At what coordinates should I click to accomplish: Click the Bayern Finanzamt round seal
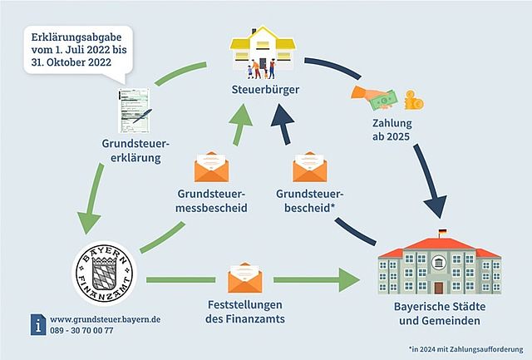coord(104,274)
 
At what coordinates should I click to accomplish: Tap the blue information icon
coord(38,325)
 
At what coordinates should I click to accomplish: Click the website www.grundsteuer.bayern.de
coord(106,319)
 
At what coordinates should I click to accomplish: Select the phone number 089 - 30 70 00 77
coord(81,330)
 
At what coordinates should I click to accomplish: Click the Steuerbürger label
coord(265,90)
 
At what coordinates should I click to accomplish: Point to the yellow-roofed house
coord(263,48)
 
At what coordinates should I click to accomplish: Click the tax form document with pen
coord(135,111)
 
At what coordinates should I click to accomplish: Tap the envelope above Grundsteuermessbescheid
coord(211,166)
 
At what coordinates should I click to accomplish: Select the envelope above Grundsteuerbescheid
coord(310,166)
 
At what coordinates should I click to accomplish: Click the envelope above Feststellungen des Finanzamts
coord(245,278)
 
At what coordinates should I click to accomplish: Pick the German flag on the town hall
coord(442,232)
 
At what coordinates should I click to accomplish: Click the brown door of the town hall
coord(439,288)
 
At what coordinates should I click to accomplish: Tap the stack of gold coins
coord(414,100)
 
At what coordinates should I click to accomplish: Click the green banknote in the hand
coord(384,100)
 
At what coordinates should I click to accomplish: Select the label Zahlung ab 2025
coord(392,130)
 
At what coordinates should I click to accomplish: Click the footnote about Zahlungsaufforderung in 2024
coord(465,349)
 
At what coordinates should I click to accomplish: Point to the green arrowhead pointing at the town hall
coord(349,280)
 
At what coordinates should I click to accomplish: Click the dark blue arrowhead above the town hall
coord(436,205)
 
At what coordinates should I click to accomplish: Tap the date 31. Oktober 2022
coord(71,62)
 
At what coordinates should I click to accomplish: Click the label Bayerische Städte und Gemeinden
coord(440,313)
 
